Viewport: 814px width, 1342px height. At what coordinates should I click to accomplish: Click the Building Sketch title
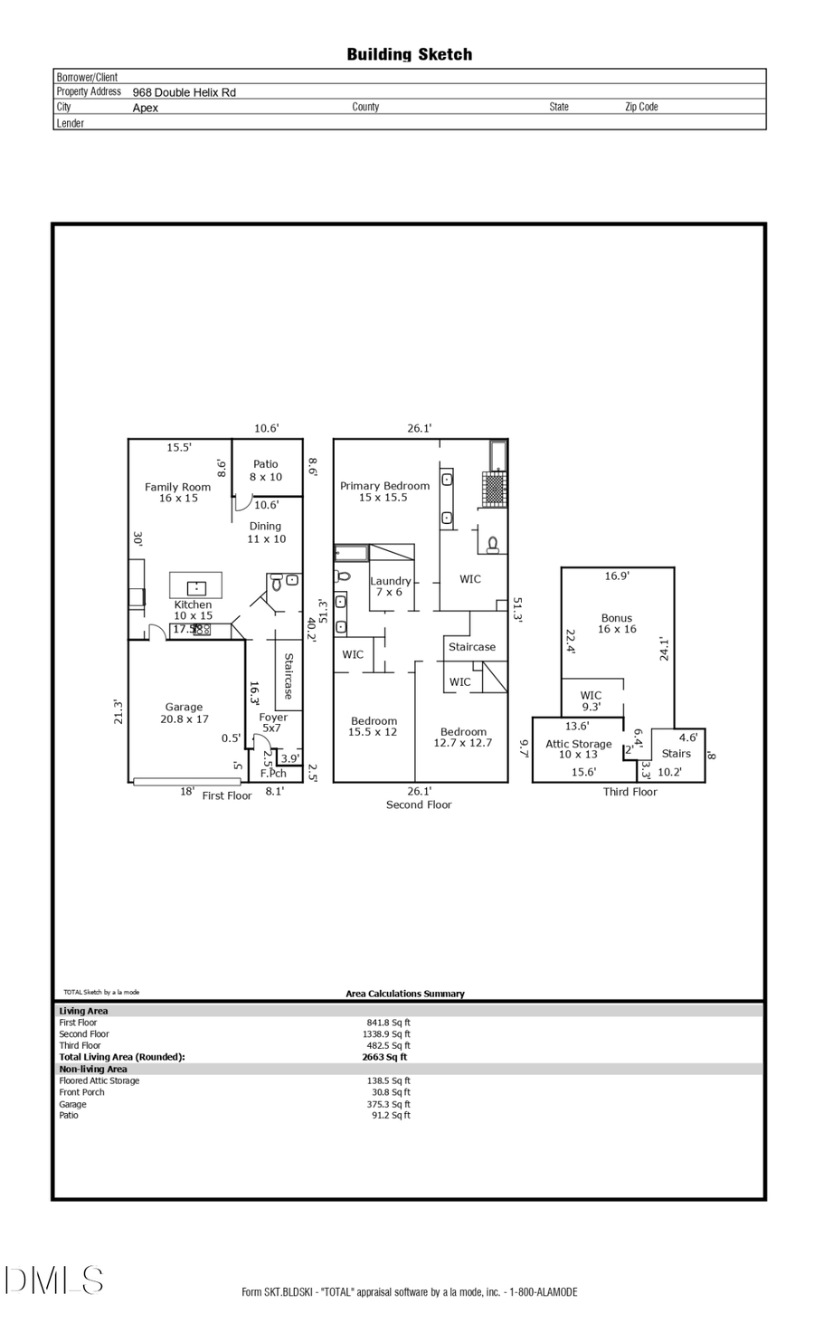click(409, 54)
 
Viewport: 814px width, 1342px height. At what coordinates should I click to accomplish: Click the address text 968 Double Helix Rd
click(184, 92)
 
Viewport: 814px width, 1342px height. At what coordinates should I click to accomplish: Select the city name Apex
click(145, 108)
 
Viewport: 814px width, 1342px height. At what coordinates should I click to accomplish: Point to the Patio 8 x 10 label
click(266, 471)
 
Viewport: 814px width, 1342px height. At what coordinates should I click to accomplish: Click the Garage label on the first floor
click(184, 713)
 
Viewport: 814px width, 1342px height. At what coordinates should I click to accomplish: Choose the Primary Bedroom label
click(384, 491)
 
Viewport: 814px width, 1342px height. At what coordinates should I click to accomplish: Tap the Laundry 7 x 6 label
click(390, 586)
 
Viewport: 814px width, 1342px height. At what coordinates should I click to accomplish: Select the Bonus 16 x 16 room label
click(617, 623)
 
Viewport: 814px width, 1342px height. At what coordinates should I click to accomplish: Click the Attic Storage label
click(578, 749)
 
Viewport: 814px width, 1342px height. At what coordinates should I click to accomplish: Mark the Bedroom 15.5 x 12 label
click(374, 727)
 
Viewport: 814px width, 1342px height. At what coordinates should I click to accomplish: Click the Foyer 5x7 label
click(272, 722)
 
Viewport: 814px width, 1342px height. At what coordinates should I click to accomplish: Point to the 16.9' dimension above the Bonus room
click(617, 576)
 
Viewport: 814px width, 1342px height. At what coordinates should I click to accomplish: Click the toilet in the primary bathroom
click(492, 544)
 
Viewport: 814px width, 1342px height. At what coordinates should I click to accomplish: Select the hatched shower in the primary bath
click(494, 489)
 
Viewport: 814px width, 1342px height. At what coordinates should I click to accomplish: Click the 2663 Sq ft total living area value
click(384, 1057)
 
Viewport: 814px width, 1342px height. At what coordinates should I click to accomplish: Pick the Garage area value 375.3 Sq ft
click(391, 1104)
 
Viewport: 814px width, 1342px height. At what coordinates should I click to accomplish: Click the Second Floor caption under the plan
click(418, 804)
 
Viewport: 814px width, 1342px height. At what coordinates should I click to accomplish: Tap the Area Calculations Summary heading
click(404, 994)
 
